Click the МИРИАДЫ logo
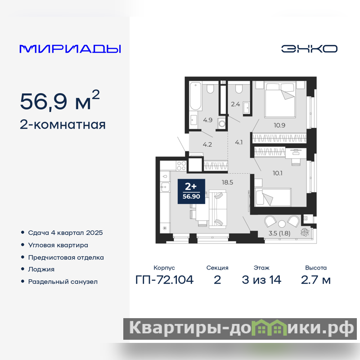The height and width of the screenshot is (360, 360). pyautogui.click(x=70, y=49)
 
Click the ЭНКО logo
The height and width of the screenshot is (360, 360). pyautogui.click(x=309, y=49)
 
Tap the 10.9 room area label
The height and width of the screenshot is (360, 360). pyautogui.click(x=279, y=126)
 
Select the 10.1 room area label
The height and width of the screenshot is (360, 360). pyautogui.click(x=277, y=173)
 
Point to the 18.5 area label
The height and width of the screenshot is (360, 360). pyautogui.click(x=227, y=182)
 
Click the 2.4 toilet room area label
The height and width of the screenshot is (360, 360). pyautogui.click(x=235, y=104)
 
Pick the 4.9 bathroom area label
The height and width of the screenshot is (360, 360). pyautogui.click(x=208, y=120)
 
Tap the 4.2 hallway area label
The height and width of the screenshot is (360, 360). pyautogui.click(x=207, y=144)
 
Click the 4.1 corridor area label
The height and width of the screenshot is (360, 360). pyautogui.click(x=239, y=143)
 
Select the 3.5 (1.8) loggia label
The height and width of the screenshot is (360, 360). pyautogui.click(x=279, y=233)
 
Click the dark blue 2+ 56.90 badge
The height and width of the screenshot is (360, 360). pyautogui.click(x=191, y=192)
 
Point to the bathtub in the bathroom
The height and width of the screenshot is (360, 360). pyautogui.click(x=196, y=96)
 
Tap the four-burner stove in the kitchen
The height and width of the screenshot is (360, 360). pyautogui.click(x=181, y=166)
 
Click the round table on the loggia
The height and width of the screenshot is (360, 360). pyautogui.click(x=282, y=224)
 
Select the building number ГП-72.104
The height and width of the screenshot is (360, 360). pyautogui.click(x=164, y=280)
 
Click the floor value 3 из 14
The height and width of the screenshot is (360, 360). pyautogui.click(x=261, y=280)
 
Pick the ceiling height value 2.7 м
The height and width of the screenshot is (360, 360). pyautogui.click(x=316, y=280)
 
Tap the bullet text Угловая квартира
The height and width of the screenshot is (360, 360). pyautogui.click(x=58, y=245)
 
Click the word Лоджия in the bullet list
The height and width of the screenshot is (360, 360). pyautogui.click(x=41, y=269)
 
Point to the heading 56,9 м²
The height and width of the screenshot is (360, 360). pyautogui.click(x=60, y=100)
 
